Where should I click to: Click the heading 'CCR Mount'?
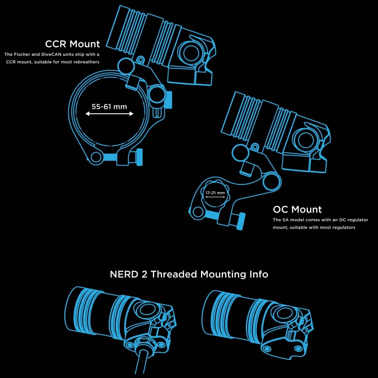[72, 44]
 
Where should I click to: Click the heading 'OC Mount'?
[297, 209]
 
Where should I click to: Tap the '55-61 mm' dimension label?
[109, 107]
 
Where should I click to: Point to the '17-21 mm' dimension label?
[215, 193]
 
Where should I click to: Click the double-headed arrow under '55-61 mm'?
[109, 114]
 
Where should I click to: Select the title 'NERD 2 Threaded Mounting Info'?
[189, 274]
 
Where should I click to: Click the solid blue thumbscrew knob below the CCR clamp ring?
[139, 157]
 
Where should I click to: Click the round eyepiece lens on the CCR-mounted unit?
[192, 53]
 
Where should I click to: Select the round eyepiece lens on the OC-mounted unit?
[306, 140]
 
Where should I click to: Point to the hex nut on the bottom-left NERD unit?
[144, 344]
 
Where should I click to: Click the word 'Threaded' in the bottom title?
[173, 274]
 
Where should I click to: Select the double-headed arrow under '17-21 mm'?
[215, 197]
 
